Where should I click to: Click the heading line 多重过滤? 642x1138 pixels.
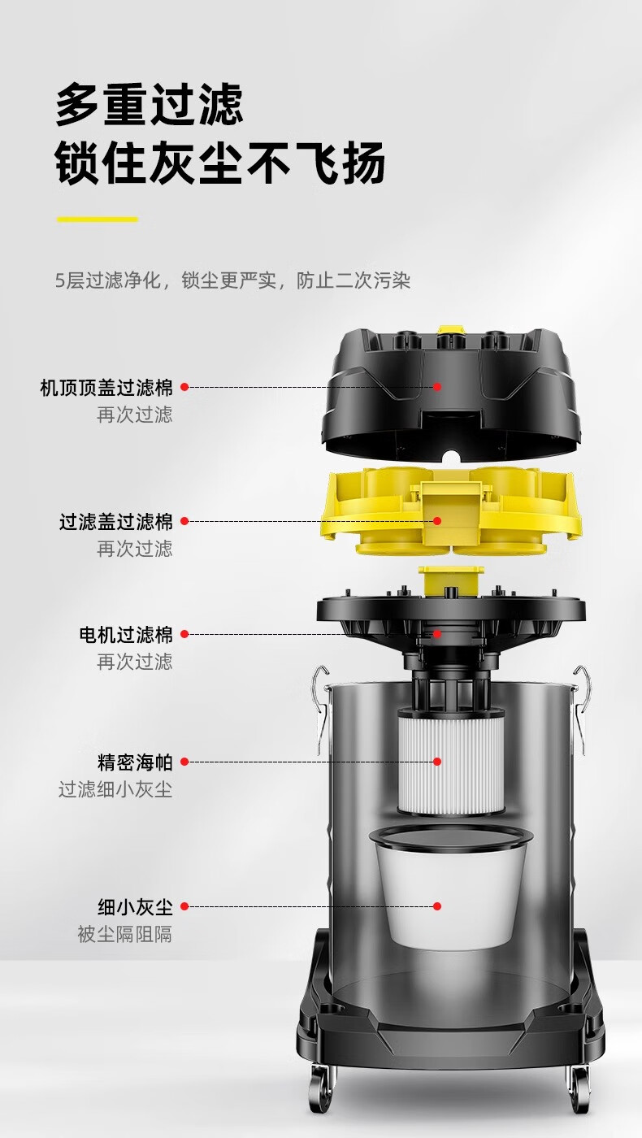[x=149, y=105]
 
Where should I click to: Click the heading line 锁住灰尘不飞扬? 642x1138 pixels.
[x=220, y=163]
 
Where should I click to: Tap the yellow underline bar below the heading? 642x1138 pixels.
[x=97, y=219]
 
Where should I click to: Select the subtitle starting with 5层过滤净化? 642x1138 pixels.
[x=232, y=280]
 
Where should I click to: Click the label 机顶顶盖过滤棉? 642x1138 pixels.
[x=106, y=388]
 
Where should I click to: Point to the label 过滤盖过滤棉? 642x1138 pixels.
[x=115, y=522]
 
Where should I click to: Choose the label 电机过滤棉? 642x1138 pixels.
[x=125, y=635]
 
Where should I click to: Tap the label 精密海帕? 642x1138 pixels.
[x=135, y=762]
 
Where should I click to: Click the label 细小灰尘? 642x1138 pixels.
[x=135, y=907]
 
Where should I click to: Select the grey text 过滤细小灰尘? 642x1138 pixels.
[x=115, y=790]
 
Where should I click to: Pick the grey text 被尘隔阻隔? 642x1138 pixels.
[x=125, y=934]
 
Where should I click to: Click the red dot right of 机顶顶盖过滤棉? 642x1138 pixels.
[x=184, y=387]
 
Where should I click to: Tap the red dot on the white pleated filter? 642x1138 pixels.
[x=437, y=762]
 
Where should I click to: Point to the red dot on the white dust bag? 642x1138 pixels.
[x=437, y=906]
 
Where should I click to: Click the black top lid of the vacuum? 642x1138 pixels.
[x=451, y=393]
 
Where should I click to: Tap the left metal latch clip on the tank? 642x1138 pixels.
[x=321, y=709]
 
